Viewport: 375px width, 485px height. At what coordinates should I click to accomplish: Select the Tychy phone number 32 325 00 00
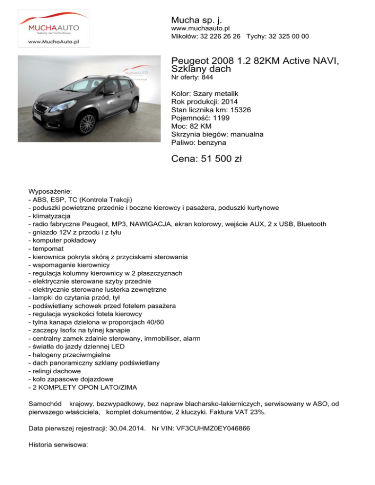[288, 37]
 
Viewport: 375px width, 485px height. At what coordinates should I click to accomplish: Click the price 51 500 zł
[208, 159]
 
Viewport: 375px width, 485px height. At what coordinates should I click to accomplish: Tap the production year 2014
[230, 101]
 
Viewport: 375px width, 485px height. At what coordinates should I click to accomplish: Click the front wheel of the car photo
[87, 124]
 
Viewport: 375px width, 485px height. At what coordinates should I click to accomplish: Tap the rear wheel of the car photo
[133, 105]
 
